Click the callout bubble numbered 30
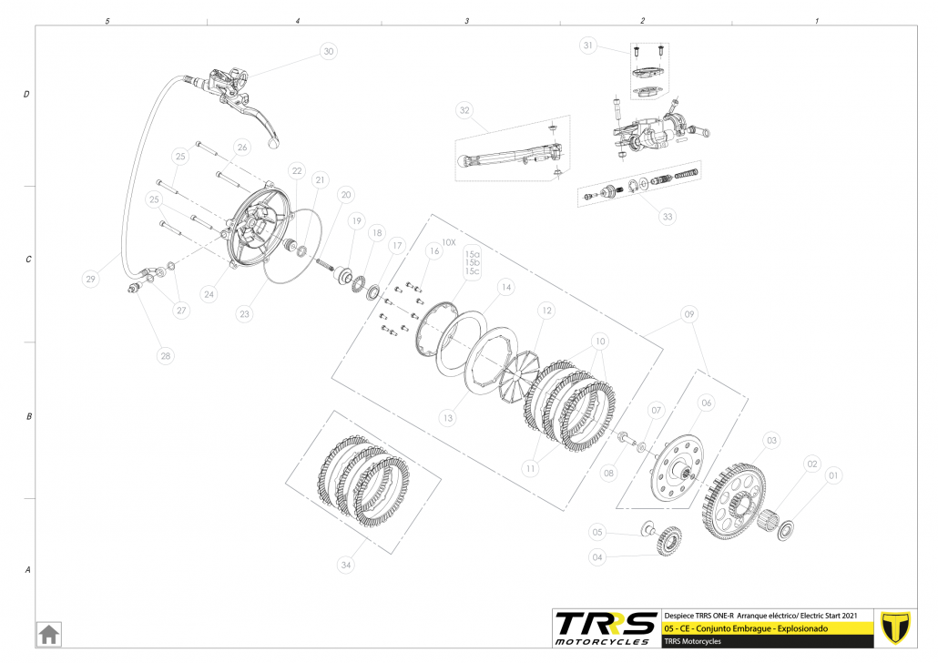pyautogui.click(x=328, y=52)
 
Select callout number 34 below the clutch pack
pyautogui.click(x=345, y=566)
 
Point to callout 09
pyautogui.click(x=689, y=315)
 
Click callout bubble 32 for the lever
pyautogui.click(x=464, y=111)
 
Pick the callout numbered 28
pyautogui.click(x=165, y=355)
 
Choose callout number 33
pyautogui.click(x=668, y=216)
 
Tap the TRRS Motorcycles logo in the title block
pyautogui.click(x=606, y=627)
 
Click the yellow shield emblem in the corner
pyautogui.click(x=898, y=627)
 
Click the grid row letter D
pyautogui.click(x=27, y=94)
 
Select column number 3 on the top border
pyautogui.click(x=466, y=20)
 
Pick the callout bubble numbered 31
pyautogui.click(x=588, y=46)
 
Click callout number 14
pyautogui.click(x=506, y=287)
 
